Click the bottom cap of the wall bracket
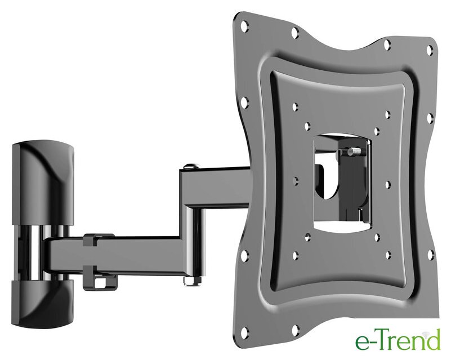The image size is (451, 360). [x=43, y=304]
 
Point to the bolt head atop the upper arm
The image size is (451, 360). [x=190, y=166]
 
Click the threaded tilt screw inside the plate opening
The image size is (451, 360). [x=354, y=151]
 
